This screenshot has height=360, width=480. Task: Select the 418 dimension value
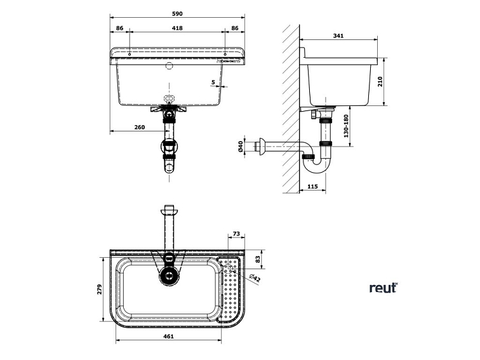178,28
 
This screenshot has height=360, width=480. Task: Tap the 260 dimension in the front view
140,128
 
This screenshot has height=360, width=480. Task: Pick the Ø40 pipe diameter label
241,147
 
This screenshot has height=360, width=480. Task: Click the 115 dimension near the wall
312,186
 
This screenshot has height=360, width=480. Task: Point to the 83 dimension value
258,259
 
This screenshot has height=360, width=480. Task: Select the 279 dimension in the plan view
99,290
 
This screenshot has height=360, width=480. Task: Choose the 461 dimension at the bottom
168,337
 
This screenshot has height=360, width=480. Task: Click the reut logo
383,288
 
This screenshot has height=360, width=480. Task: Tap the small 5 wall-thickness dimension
213,81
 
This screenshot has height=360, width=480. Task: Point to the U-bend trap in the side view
317,164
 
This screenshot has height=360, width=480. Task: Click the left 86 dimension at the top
120,28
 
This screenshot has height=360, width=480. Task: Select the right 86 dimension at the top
235,28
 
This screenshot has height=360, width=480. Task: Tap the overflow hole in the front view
170,65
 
